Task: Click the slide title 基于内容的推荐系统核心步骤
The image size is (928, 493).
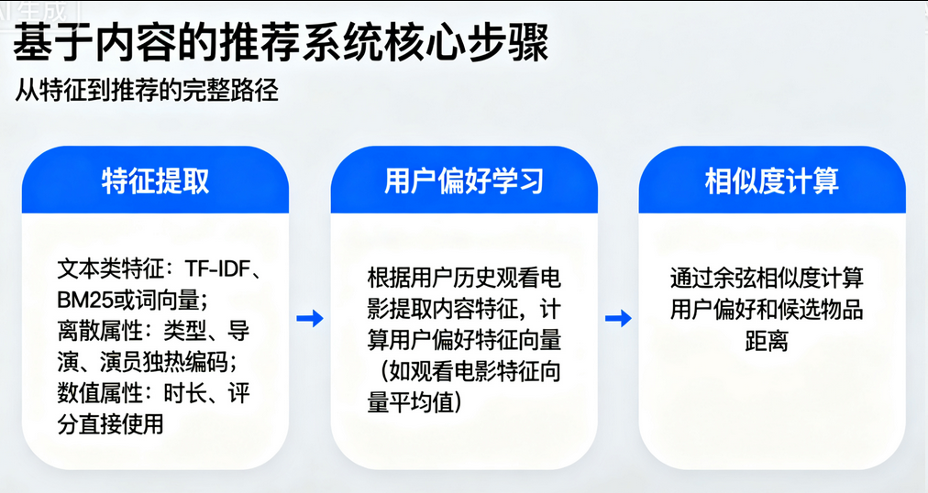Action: point(282,42)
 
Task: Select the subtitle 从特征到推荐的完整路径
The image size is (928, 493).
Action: point(146,90)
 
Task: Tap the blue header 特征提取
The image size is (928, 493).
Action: point(155,181)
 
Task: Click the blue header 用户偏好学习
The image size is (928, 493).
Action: point(464,181)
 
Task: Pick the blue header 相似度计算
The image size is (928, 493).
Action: point(772,181)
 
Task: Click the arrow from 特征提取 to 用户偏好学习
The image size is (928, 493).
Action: point(310,319)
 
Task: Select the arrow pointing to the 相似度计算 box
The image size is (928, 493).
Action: point(618,319)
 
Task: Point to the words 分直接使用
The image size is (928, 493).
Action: point(110,424)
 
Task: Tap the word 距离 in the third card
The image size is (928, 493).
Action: point(767,341)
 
